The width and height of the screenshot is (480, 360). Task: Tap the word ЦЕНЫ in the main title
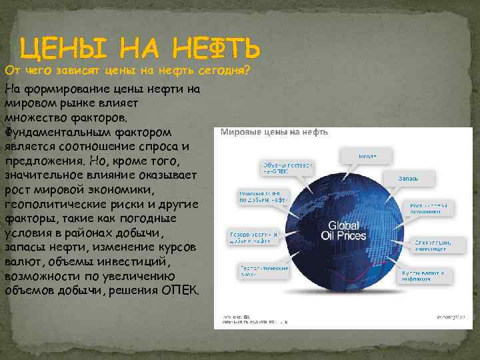point(59,48)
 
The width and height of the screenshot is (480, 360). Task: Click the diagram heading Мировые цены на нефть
point(274,132)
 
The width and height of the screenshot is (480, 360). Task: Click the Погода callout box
point(367,156)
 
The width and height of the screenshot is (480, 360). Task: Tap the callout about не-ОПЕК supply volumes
point(286,168)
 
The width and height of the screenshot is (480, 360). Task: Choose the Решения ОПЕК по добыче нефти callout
point(263,196)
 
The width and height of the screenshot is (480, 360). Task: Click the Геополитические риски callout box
point(264,269)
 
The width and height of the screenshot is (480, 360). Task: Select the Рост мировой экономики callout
point(430,208)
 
